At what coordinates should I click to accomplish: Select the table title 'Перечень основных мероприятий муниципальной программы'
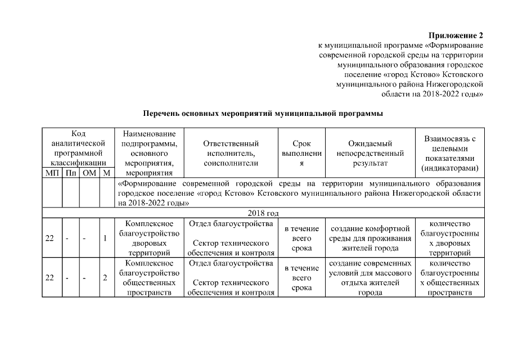pyautogui.click(x=263, y=113)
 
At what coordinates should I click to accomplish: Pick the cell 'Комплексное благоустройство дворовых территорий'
pyautogui.click(x=149, y=238)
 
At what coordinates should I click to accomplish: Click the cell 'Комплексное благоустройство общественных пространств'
pyautogui.click(x=149, y=277)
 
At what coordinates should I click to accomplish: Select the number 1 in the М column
pyautogui.click(x=105, y=238)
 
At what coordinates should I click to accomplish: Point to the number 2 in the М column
pyautogui.click(x=105, y=277)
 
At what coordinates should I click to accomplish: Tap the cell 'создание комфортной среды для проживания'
pyautogui.click(x=370, y=238)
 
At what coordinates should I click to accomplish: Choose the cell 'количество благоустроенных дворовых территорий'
pyautogui.click(x=449, y=238)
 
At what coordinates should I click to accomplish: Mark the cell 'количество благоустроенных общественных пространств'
pyautogui.click(x=449, y=277)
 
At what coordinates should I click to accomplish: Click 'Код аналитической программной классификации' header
pyautogui.click(x=78, y=148)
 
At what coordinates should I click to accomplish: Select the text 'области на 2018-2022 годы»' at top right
pyautogui.click(x=432, y=94)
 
